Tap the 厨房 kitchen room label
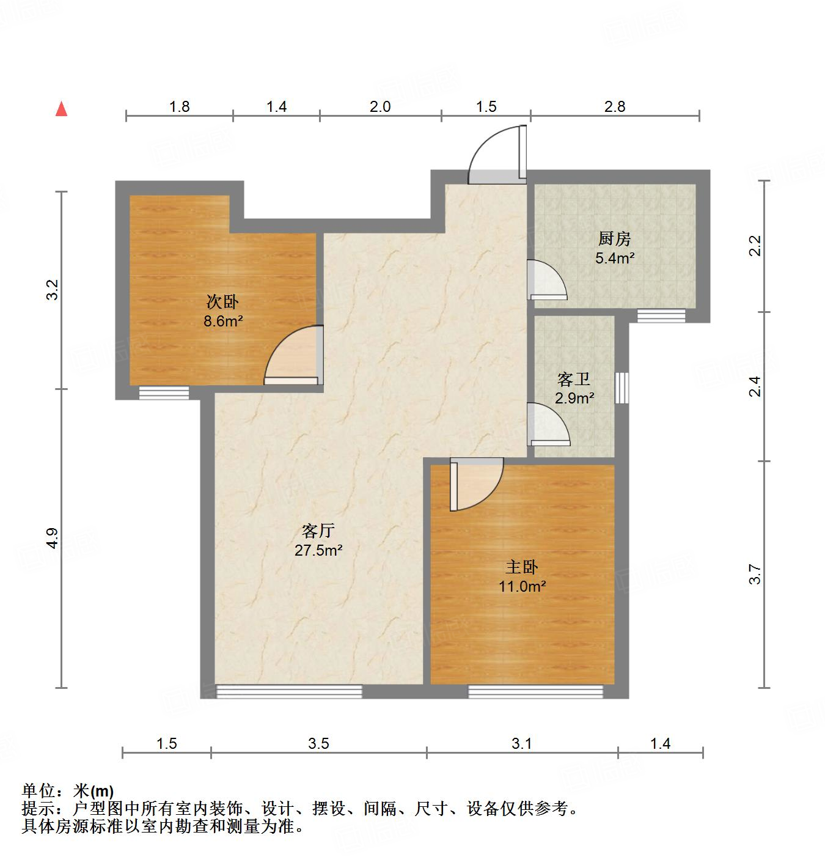pyautogui.click(x=614, y=238)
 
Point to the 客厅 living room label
pyautogui.click(x=318, y=531)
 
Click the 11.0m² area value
pyautogui.click(x=522, y=586)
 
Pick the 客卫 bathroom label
pyautogui.click(x=574, y=379)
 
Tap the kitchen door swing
pyautogui.click(x=548, y=280)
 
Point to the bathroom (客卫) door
pyautogui.click(x=549, y=423)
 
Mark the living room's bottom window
pyautogui.click(x=289, y=691)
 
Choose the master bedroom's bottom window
pyautogui.click(x=535, y=691)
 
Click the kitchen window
pyautogui.click(x=661, y=315)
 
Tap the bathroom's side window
pyautogui.click(x=621, y=388)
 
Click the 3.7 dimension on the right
pyautogui.click(x=755, y=574)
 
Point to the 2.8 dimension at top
pyautogui.click(x=615, y=106)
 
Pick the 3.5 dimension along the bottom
pyautogui.click(x=318, y=743)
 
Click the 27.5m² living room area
pyautogui.click(x=318, y=550)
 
